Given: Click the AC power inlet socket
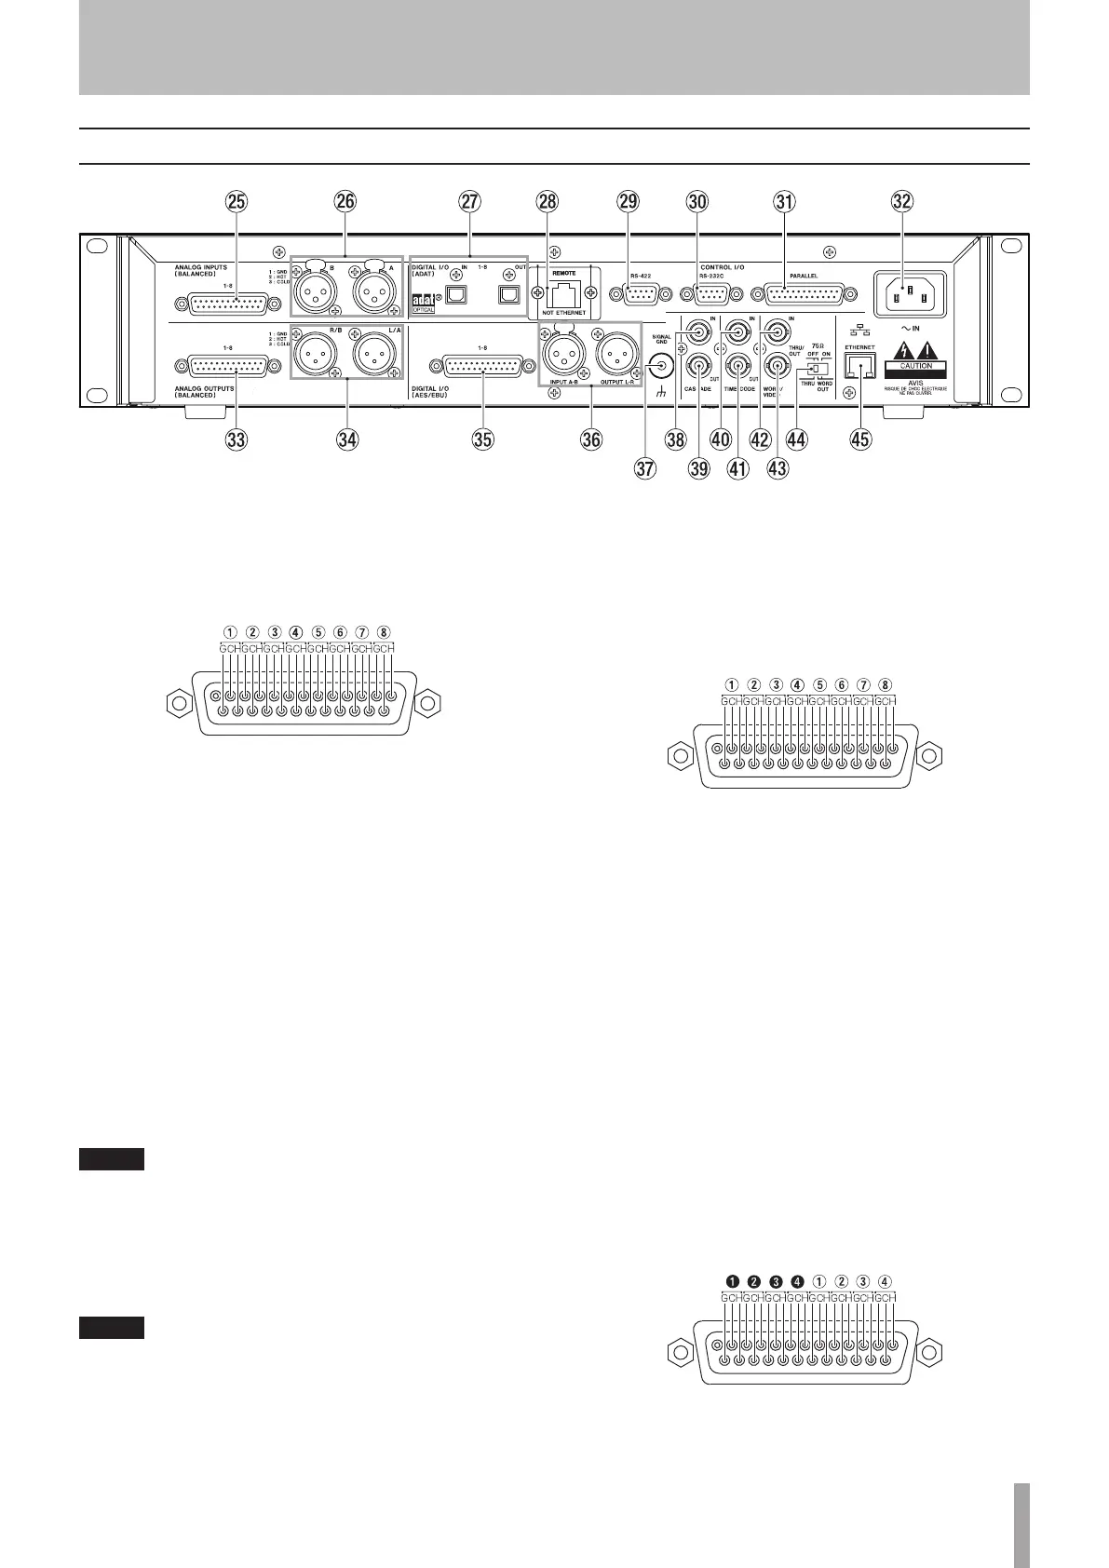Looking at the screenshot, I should coord(908,291).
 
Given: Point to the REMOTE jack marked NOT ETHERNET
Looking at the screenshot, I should coord(563,293).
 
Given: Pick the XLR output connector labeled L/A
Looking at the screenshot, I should coord(376,359).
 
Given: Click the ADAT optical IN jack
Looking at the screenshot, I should coord(458,293).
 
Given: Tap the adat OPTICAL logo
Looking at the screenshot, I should coord(425,304).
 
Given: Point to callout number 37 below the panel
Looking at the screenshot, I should coord(644,469).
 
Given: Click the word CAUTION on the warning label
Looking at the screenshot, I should coord(916,366).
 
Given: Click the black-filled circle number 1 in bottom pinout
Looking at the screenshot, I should coord(733,1280).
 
